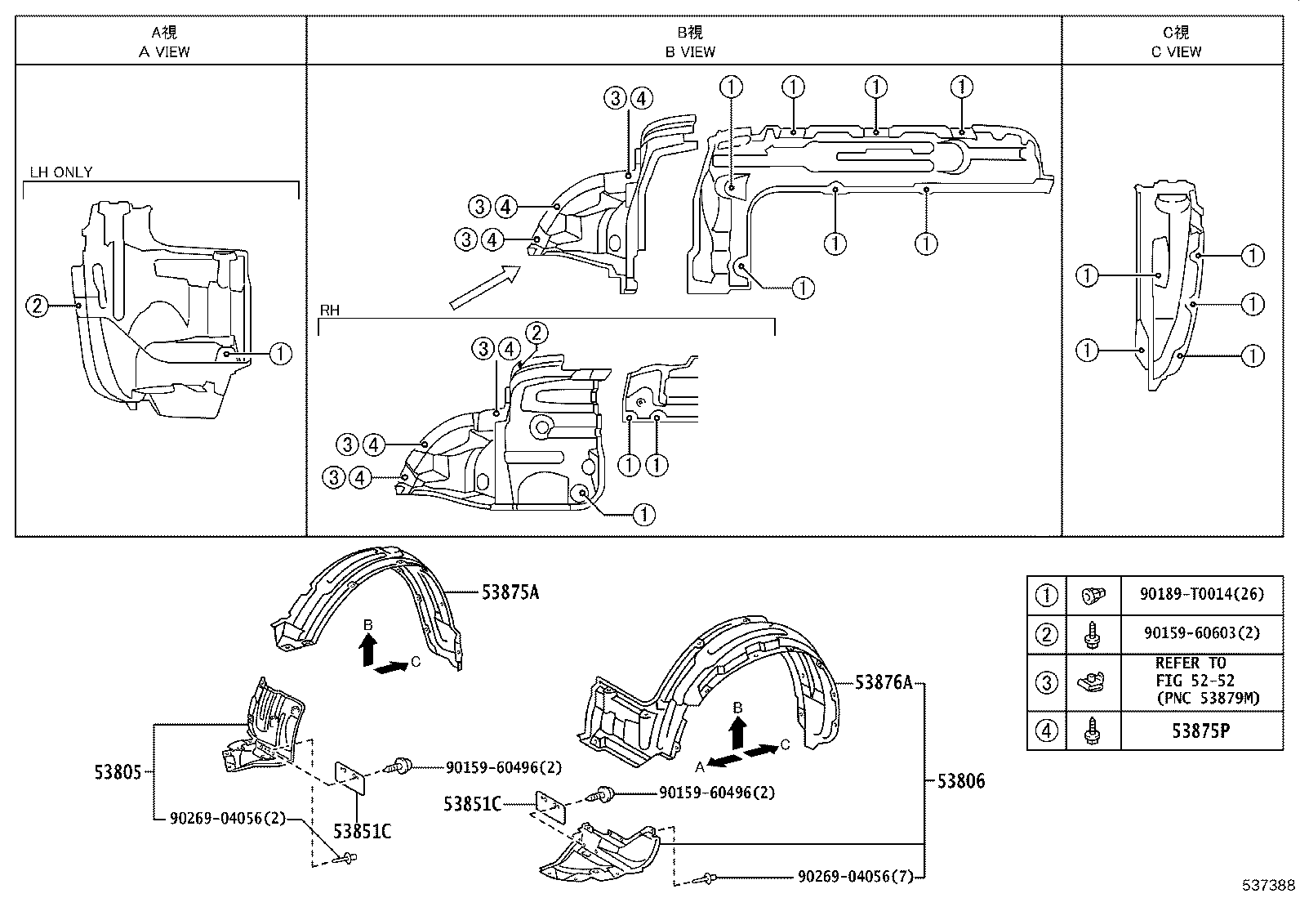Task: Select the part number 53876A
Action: (x=884, y=682)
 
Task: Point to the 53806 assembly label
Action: (x=960, y=781)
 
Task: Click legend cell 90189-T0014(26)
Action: (x=1201, y=594)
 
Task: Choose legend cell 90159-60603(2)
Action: (x=1201, y=633)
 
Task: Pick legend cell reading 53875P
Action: (x=1201, y=730)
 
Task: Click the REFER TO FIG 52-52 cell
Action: (x=1201, y=681)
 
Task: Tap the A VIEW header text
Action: (x=164, y=51)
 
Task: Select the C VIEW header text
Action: (x=1176, y=51)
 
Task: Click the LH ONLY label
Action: (x=61, y=172)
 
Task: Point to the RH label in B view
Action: (x=329, y=311)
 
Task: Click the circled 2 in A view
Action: (x=37, y=306)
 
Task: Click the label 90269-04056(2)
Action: (x=228, y=817)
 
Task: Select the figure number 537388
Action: (x=1268, y=886)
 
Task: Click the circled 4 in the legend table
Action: (x=1046, y=730)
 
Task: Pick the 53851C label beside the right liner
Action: (x=472, y=804)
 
